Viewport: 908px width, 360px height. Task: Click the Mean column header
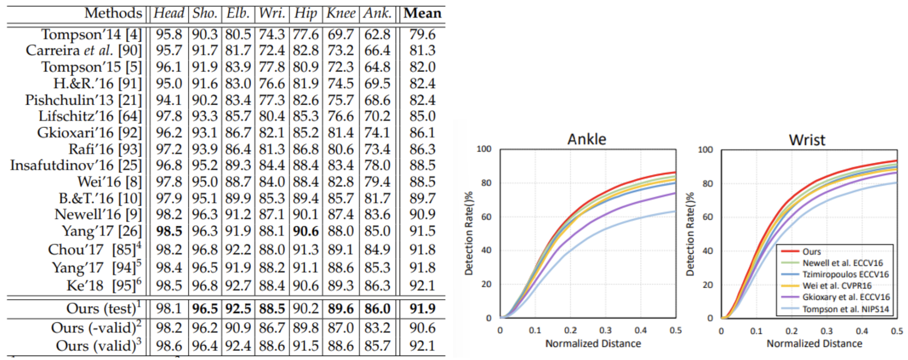(422, 13)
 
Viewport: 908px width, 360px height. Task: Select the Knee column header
(340, 13)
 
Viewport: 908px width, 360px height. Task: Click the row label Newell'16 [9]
(98, 215)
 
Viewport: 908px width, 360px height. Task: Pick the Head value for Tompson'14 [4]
(169, 35)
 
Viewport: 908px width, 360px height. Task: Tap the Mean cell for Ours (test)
(422, 309)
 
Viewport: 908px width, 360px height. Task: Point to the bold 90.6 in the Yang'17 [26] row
(306, 231)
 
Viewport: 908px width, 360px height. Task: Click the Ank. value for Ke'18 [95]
(377, 285)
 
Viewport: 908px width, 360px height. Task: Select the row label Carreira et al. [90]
(84, 51)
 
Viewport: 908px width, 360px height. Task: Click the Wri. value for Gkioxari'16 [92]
(272, 133)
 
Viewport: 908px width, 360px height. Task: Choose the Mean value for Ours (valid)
(422, 346)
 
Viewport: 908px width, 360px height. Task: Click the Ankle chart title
(586, 139)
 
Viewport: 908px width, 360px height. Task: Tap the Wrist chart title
(807, 140)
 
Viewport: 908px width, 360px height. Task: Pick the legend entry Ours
(811, 252)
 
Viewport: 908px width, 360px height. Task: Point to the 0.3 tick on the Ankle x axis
(605, 330)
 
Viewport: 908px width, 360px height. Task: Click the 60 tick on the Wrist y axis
(707, 217)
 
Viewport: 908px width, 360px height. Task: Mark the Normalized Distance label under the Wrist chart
(814, 344)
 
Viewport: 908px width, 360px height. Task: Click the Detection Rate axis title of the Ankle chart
(469, 233)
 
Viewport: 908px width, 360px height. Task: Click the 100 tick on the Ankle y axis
(484, 149)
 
